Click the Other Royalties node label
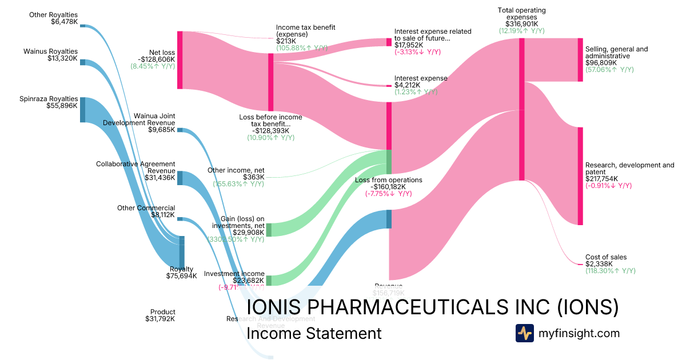click(x=53, y=15)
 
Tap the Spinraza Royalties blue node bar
click(x=82, y=110)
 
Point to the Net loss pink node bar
click(x=180, y=60)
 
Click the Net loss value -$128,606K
click(x=156, y=59)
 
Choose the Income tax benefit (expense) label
click(x=305, y=30)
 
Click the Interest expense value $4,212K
click(x=407, y=85)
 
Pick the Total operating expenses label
click(x=521, y=10)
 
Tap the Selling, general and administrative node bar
click(x=580, y=59)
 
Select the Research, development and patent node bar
click(x=580, y=176)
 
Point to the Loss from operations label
click(x=388, y=180)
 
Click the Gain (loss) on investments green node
click(x=269, y=230)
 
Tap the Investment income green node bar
click(x=269, y=280)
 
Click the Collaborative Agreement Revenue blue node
click(x=180, y=178)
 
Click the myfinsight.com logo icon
click(x=525, y=333)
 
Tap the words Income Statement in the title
click(x=314, y=333)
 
